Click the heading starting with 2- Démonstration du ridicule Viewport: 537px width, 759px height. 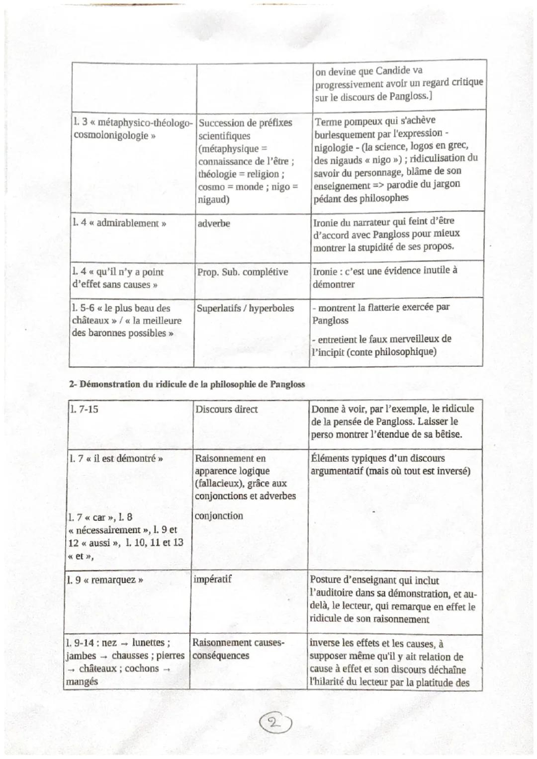coord(186,384)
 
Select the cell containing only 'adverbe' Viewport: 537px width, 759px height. coord(214,224)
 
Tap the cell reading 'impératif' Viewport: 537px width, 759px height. coord(212,579)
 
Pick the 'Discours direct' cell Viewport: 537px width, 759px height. coord(227,410)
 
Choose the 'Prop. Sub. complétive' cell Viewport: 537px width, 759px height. coord(243,272)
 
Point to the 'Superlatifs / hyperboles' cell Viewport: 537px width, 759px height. coord(245,308)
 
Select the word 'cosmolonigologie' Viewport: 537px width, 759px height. coord(110,136)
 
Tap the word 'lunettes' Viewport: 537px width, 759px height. coord(148,643)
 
